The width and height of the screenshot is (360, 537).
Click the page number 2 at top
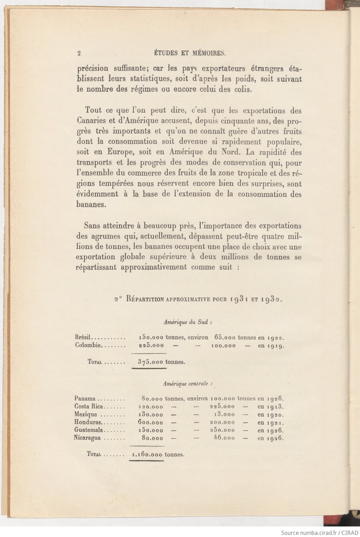[x=79, y=53]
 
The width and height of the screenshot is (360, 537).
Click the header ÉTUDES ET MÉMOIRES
[x=190, y=53]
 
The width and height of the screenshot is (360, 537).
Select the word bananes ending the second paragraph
[x=91, y=204]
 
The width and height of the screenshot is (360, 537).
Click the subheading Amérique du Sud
[x=188, y=322]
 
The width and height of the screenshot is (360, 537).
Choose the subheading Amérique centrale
[x=187, y=384]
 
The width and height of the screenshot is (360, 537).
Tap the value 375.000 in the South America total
[x=150, y=362]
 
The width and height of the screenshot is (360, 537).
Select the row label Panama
[x=85, y=398]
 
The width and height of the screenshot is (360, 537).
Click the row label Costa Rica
[x=89, y=407]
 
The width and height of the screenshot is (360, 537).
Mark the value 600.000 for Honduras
[x=150, y=422]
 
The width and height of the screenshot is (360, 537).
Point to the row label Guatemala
[x=89, y=430]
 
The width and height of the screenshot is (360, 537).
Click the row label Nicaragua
[x=87, y=438]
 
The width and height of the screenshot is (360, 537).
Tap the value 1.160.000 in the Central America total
[x=147, y=454]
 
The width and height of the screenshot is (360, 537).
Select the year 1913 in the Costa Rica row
[x=275, y=407]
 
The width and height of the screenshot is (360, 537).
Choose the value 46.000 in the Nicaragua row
[x=224, y=438]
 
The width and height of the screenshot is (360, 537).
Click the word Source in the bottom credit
[x=289, y=532]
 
